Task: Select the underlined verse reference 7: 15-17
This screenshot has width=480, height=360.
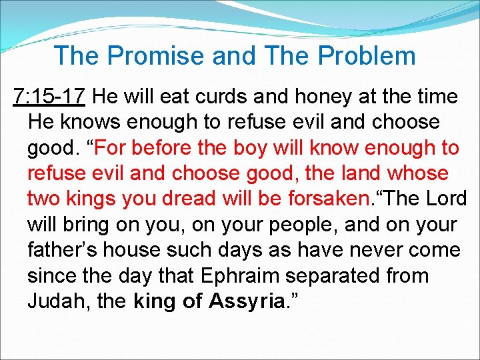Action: click(49, 97)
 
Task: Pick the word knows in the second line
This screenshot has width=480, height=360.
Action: click(92, 123)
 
